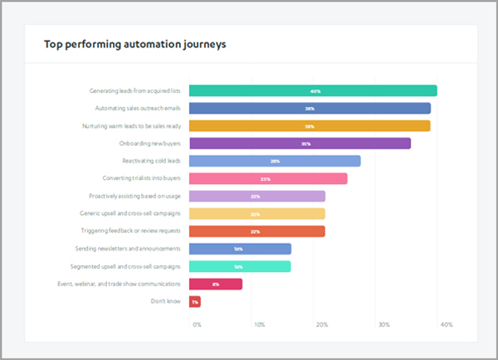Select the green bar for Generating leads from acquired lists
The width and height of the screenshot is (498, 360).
click(313, 90)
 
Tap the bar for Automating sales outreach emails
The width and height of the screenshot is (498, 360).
click(310, 108)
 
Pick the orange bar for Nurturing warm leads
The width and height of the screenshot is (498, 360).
click(310, 126)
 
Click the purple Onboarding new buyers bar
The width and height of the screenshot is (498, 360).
click(300, 144)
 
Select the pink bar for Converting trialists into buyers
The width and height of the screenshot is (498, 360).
click(268, 178)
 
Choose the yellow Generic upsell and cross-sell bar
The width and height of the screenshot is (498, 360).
click(256, 214)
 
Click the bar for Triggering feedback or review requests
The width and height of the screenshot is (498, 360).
click(256, 231)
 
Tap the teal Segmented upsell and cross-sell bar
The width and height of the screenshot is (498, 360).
click(240, 266)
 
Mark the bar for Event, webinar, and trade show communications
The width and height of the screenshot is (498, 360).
click(216, 284)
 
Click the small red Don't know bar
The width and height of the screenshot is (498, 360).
click(195, 302)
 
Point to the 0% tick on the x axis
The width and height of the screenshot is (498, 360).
click(197, 324)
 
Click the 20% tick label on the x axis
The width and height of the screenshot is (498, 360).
click(321, 324)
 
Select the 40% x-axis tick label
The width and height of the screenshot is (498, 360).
click(447, 324)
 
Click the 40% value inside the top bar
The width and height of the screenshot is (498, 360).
click(315, 91)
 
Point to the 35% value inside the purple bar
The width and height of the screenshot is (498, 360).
click(305, 144)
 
